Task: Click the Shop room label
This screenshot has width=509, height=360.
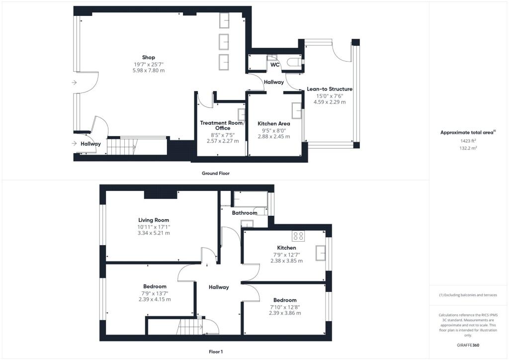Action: [x=148, y=57]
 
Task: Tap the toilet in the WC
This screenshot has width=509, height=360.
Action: [x=297, y=62]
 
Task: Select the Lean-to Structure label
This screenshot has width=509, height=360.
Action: [x=330, y=89]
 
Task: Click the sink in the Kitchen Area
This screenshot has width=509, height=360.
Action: [x=297, y=110]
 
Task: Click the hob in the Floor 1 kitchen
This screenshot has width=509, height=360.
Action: [x=298, y=236]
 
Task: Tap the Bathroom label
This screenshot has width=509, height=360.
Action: [x=245, y=213]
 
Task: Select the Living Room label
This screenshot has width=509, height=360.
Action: [x=154, y=220]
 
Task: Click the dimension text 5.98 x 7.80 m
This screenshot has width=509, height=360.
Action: [x=148, y=71]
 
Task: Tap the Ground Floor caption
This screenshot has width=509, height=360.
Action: [x=215, y=174]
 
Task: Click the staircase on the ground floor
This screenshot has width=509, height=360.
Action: [x=122, y=147]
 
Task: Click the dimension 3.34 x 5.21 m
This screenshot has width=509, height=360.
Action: [x=154, y=233]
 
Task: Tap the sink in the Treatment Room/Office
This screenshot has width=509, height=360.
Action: [x=242, y=115]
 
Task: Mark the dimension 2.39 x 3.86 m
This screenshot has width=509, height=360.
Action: [x=285, y=313]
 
